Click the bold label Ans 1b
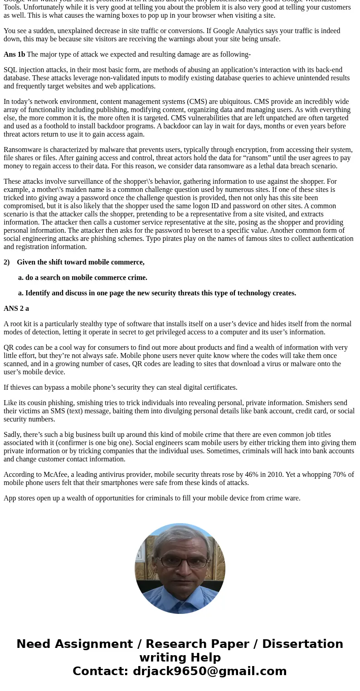point(14,54)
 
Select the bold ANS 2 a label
point(16,309)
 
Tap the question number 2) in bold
point(7,262)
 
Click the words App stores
point(19,498)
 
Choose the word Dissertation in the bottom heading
point(302,644)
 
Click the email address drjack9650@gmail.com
point(209,671)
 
